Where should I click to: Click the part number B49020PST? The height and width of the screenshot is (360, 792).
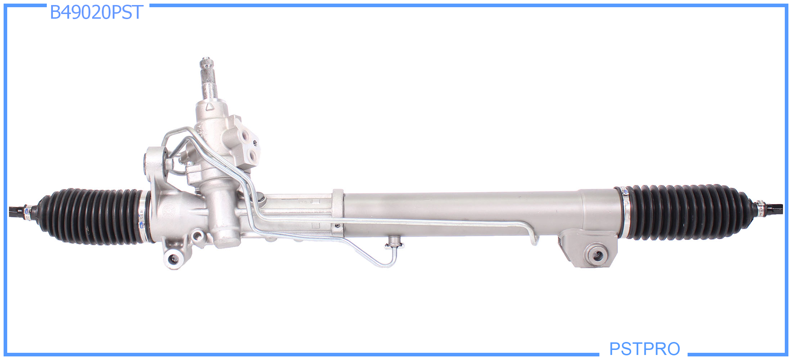click(x=96, y=13)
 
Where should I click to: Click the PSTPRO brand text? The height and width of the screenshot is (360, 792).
click(x=644, y=348)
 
